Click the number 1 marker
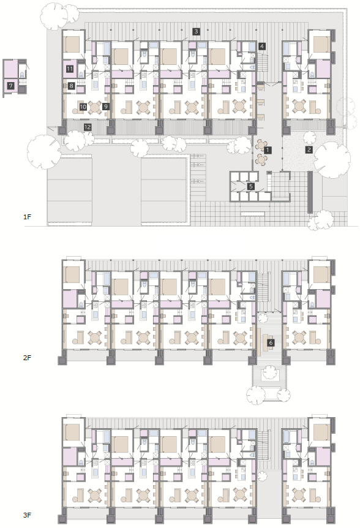click(x=267, y=150)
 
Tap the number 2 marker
click(x=309, y=150)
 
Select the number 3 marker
click(x=196, y=32)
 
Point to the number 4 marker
click(x=262, y=47)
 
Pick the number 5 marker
click(x=250, y=186)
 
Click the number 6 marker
click(x=271, y=343)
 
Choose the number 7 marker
click(x=11, y=86)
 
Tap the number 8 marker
click(x=71, y=86)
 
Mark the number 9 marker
click(x=106, y=107)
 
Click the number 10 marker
click(x=83, y=107)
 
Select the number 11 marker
click(x=70, y=69)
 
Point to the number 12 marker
click(x=88, y=127)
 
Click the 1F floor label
click(x=28, y=217)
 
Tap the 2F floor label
click(x=28, y=358)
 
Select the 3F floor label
click(x=28, y=515)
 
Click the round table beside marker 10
click(x=95, y=107)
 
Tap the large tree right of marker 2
click(x=332, y=160)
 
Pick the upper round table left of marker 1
click(x=261, y=145)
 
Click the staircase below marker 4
click(x=262, y=63)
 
